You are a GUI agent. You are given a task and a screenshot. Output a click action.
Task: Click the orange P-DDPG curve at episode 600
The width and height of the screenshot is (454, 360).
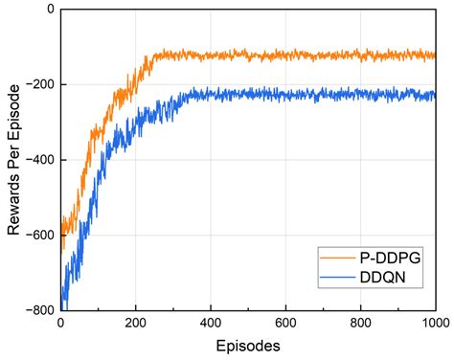(x=285, y=56)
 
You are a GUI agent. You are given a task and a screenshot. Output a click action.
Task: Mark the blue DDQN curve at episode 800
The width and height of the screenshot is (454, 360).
(x=360, y=94)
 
